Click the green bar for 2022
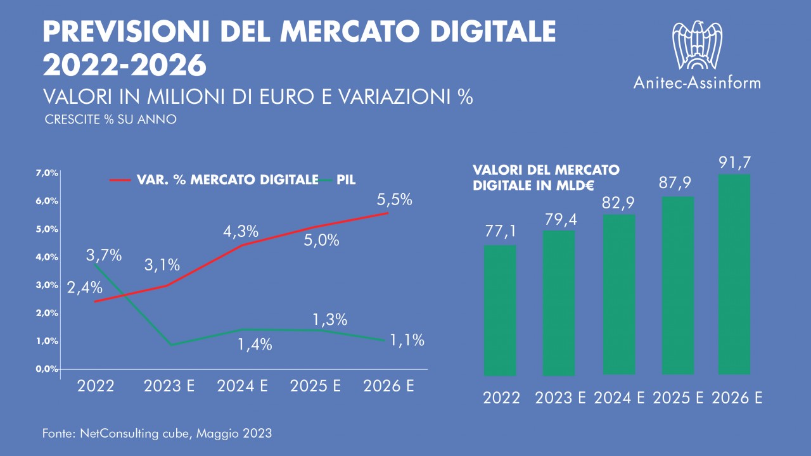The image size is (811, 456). point(500,310)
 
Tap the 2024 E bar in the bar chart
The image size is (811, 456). point(618,294)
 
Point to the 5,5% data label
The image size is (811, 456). point(394,200)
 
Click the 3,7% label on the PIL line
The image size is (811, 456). point(103,255)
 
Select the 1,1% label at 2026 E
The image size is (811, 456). point(406,340)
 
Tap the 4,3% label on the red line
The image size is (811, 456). point(241,231)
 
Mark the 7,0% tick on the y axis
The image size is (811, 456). point(47,173)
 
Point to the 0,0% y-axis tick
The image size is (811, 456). point(47,369)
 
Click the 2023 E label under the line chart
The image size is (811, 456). point(169,386)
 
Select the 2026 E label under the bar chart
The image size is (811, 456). point(737,398)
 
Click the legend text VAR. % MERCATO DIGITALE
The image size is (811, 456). point(227,180)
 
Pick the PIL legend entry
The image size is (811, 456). point(346,180)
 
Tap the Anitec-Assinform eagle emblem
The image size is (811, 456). point(697,44)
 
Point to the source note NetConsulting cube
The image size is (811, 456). point(157,433)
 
